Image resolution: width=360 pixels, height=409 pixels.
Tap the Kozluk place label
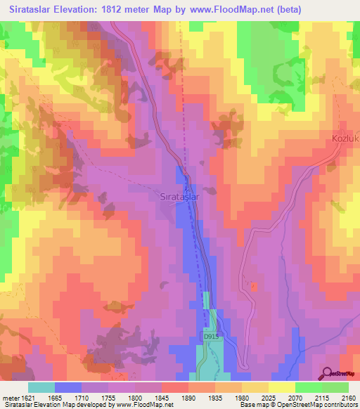pos(345,139)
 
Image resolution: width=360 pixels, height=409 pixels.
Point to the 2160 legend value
pos(348,398)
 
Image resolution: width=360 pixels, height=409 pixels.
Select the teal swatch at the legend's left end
pos(41,387)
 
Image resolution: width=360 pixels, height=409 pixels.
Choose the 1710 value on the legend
pos(91,398)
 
